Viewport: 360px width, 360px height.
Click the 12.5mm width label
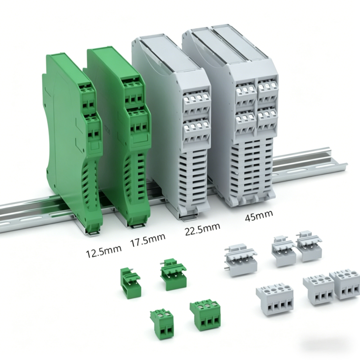pos(104,251)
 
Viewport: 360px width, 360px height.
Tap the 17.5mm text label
pos(148,240)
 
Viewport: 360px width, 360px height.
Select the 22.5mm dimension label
pos(202,228)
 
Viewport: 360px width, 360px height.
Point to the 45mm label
pos(259,215)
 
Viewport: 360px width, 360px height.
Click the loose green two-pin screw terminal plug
pos(162,324)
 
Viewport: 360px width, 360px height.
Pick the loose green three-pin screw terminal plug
pos(205,315)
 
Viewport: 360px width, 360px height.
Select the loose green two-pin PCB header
pos(130,283)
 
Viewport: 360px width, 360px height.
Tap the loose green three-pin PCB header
pos(173,274)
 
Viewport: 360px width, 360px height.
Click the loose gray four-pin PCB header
pos(240,260)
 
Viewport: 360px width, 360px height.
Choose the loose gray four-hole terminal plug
pos(275,300)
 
